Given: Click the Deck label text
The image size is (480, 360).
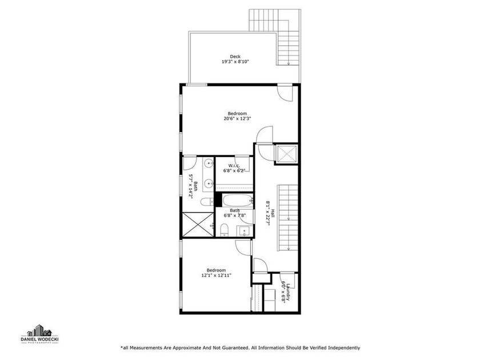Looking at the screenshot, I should pyautogui.click(x=235, y=56).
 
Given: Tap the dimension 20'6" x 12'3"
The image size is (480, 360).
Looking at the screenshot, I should pyautogui.click(x=237, y=119).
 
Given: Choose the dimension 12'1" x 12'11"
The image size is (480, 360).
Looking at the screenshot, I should pyautogui.click(x=216, y=275).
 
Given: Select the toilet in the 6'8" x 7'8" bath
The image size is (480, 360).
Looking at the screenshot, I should pyautogui.click(x=225, y=230).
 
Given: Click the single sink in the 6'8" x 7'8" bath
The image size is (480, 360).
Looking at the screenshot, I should pyautogui.click(x=244, y=231).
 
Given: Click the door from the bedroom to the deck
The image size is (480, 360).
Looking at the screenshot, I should pyautogui.click(x=284, y=91).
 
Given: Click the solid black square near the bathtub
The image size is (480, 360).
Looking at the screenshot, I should pyautogui.click(x=218, y=200).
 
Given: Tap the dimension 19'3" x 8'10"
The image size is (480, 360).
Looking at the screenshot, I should pyautogui.click(x=235, y=62).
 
